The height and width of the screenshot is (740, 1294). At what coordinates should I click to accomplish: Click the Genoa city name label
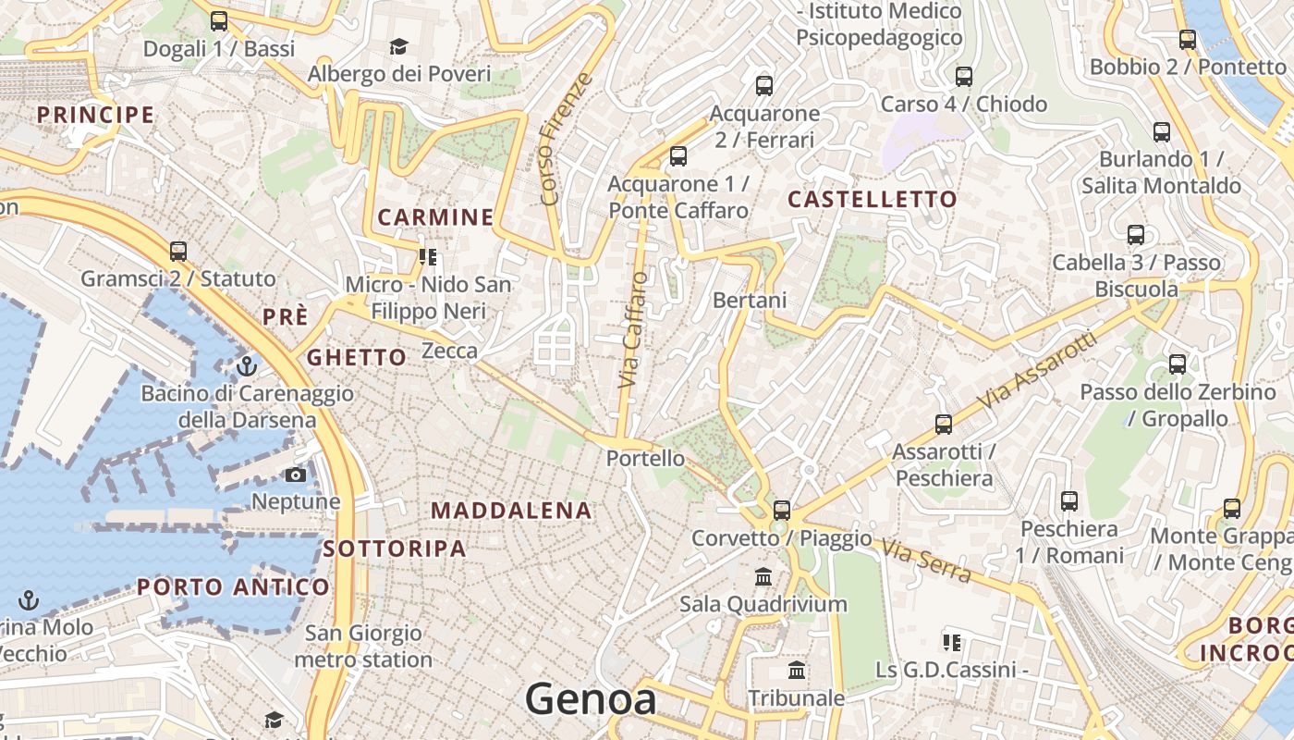point(591,699)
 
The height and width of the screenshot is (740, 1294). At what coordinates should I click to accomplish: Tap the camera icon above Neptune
point(296,475)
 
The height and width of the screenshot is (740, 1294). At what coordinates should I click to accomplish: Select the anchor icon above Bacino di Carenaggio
point(246,366)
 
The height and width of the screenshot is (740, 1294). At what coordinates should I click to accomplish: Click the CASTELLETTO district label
point(873,199)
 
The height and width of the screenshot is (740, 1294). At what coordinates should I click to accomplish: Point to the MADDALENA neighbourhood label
point(511,511)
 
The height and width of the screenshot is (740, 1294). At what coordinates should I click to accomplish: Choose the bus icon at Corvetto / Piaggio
point(782,510)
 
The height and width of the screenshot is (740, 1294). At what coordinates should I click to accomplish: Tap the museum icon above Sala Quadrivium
point(763,577)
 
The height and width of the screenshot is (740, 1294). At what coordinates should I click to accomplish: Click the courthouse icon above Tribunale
point(797,671)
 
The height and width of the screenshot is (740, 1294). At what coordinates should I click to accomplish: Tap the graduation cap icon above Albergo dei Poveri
point(399,46)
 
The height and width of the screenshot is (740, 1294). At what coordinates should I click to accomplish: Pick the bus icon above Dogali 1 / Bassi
point(219,20)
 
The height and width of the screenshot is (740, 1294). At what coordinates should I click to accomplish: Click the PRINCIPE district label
point(95,115)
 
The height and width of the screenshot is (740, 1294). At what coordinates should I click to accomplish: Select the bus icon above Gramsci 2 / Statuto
point(178,252)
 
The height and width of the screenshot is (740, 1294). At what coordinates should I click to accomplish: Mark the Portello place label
point(646,458)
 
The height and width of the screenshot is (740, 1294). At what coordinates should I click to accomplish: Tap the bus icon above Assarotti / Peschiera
point(944,425)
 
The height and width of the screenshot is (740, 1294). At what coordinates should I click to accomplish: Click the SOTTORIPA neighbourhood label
point(395,549)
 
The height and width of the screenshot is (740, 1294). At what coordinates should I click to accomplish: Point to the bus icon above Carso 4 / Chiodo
point(964,77)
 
